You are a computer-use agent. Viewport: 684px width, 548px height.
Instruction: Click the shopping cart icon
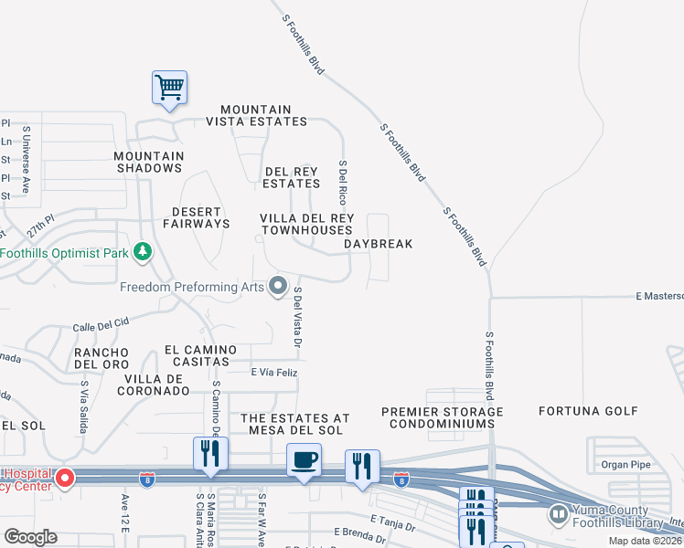[x=169, y=88]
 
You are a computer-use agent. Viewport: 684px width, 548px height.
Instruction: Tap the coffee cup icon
[x=303, y=459]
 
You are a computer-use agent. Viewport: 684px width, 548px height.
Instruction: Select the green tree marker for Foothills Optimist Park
[x=142, y=251]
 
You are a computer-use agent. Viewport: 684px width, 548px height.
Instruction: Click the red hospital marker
[x=64, y=478]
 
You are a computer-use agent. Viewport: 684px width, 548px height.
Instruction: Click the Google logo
[x=30, y=536]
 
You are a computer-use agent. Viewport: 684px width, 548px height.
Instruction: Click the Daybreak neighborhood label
[x=379, y=244]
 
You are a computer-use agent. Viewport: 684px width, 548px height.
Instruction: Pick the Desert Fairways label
[x=197, y=216]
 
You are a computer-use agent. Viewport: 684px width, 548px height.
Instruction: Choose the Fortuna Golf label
[x=588, y=411]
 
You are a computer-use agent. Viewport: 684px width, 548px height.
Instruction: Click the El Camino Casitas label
[x=200, y=356]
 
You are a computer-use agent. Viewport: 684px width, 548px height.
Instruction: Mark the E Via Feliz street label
[x=274, y=372]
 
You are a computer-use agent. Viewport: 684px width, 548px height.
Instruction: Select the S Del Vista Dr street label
[x=297, y=318]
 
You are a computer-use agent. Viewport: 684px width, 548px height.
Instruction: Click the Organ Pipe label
[x=625, y=464]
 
